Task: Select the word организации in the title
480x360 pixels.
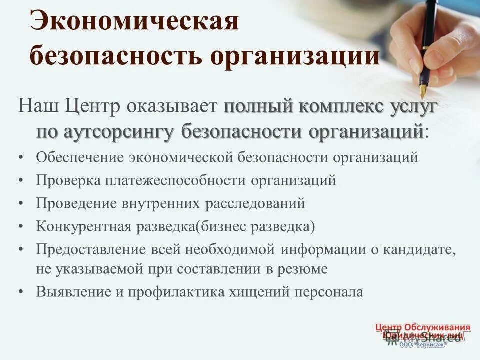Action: (294, 57)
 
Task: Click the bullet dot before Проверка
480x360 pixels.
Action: (20, 181)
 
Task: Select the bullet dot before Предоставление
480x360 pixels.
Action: (20, 249)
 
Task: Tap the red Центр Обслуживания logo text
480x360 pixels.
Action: (423, 328)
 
